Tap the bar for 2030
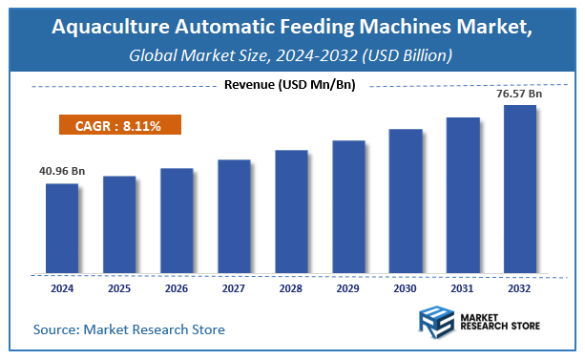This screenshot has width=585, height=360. [x=406, y=200]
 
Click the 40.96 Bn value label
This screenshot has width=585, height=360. [x=62, y=171]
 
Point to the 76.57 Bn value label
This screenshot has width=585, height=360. [x=519, y=94]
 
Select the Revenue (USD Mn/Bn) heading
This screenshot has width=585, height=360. [x=290, y=85]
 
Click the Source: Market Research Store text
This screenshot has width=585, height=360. [x=129, y=329]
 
